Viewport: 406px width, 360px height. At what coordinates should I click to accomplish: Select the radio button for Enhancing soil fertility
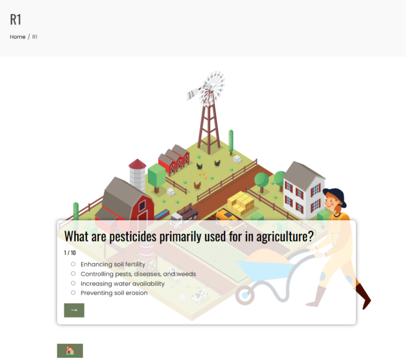[73, 264]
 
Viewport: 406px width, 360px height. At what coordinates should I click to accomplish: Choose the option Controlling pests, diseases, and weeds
[73, 273]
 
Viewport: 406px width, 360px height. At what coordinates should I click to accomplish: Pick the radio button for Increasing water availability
[73, 283]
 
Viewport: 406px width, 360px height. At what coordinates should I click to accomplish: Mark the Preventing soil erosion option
[73, 293]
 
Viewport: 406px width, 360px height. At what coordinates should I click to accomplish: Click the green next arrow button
[74, 310]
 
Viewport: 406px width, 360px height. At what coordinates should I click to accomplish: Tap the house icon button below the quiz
[70, 351]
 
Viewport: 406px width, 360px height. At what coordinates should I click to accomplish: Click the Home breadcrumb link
[17, 37]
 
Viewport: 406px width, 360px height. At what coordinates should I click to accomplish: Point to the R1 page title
[16, 19]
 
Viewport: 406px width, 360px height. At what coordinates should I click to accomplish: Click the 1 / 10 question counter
[70, 253]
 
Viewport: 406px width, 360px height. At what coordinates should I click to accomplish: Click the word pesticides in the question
[133, 236]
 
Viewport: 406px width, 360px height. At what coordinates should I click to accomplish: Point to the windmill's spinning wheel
[212, 89]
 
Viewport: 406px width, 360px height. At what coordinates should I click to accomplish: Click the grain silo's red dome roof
[137, 164]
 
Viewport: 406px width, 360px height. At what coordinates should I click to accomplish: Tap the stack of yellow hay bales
[241, 203]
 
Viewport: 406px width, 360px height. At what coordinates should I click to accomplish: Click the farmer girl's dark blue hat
[335, 196]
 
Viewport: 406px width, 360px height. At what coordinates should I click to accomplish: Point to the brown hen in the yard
[197, 185]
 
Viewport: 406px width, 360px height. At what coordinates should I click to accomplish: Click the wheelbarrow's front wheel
[245, 296]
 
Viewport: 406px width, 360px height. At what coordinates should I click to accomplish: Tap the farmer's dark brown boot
[364, 296]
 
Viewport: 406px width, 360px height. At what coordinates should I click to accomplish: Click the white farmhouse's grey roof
[303, 175]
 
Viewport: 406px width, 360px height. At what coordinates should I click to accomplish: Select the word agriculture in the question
[285, 236]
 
